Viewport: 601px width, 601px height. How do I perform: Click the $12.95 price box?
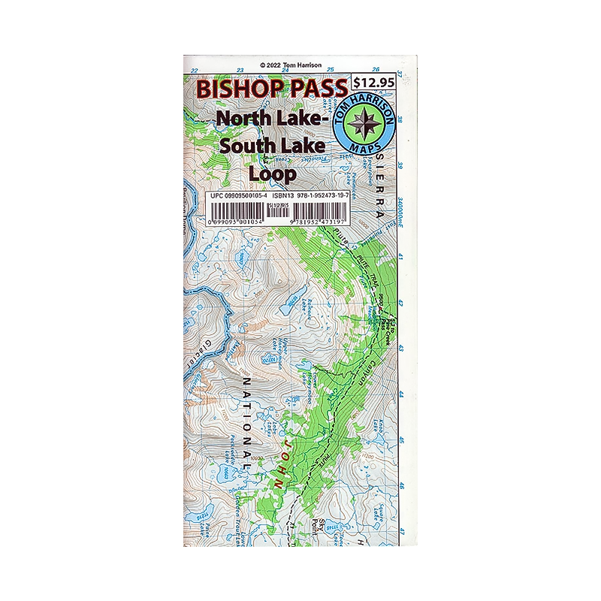(373, 84)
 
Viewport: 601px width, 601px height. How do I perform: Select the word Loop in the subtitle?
(272, 172)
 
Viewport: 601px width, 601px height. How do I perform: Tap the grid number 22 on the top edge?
(195, 71)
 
